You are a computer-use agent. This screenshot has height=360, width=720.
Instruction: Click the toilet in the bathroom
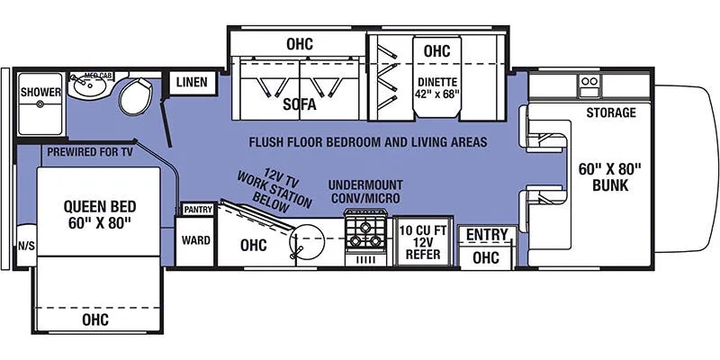click(136, 96)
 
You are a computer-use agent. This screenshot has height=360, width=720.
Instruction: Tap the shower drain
click(40, 104)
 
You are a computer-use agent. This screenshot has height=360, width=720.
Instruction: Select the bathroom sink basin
click(88, 85)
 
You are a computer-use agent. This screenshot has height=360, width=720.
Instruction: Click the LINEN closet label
click(192, 82)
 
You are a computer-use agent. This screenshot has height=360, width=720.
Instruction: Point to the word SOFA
click(300, 104)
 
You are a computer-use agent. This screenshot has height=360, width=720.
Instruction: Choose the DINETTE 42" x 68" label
click(437, 88)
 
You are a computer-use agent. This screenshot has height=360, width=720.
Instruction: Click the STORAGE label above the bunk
click(611, 112)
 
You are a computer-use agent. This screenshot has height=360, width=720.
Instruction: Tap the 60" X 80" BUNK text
click(610, 177)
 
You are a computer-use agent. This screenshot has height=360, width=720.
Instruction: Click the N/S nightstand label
click(26, 247)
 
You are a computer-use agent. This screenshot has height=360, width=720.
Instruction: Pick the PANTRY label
click(198, 210)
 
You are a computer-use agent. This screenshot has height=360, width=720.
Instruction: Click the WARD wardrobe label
click(195, 240)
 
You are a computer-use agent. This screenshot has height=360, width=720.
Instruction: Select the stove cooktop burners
click(365, 234)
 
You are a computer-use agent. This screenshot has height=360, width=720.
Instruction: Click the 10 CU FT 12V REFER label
click(422, 242)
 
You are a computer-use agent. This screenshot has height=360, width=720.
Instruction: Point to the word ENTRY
click(487, 235)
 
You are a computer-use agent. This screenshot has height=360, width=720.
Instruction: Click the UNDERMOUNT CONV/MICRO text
click(365, 192)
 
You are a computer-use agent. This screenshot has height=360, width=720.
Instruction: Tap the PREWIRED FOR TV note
click(90, 152)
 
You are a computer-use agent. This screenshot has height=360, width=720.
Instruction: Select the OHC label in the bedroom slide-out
click(95, 319)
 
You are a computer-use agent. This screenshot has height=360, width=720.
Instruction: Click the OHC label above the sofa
click(300, 44)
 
